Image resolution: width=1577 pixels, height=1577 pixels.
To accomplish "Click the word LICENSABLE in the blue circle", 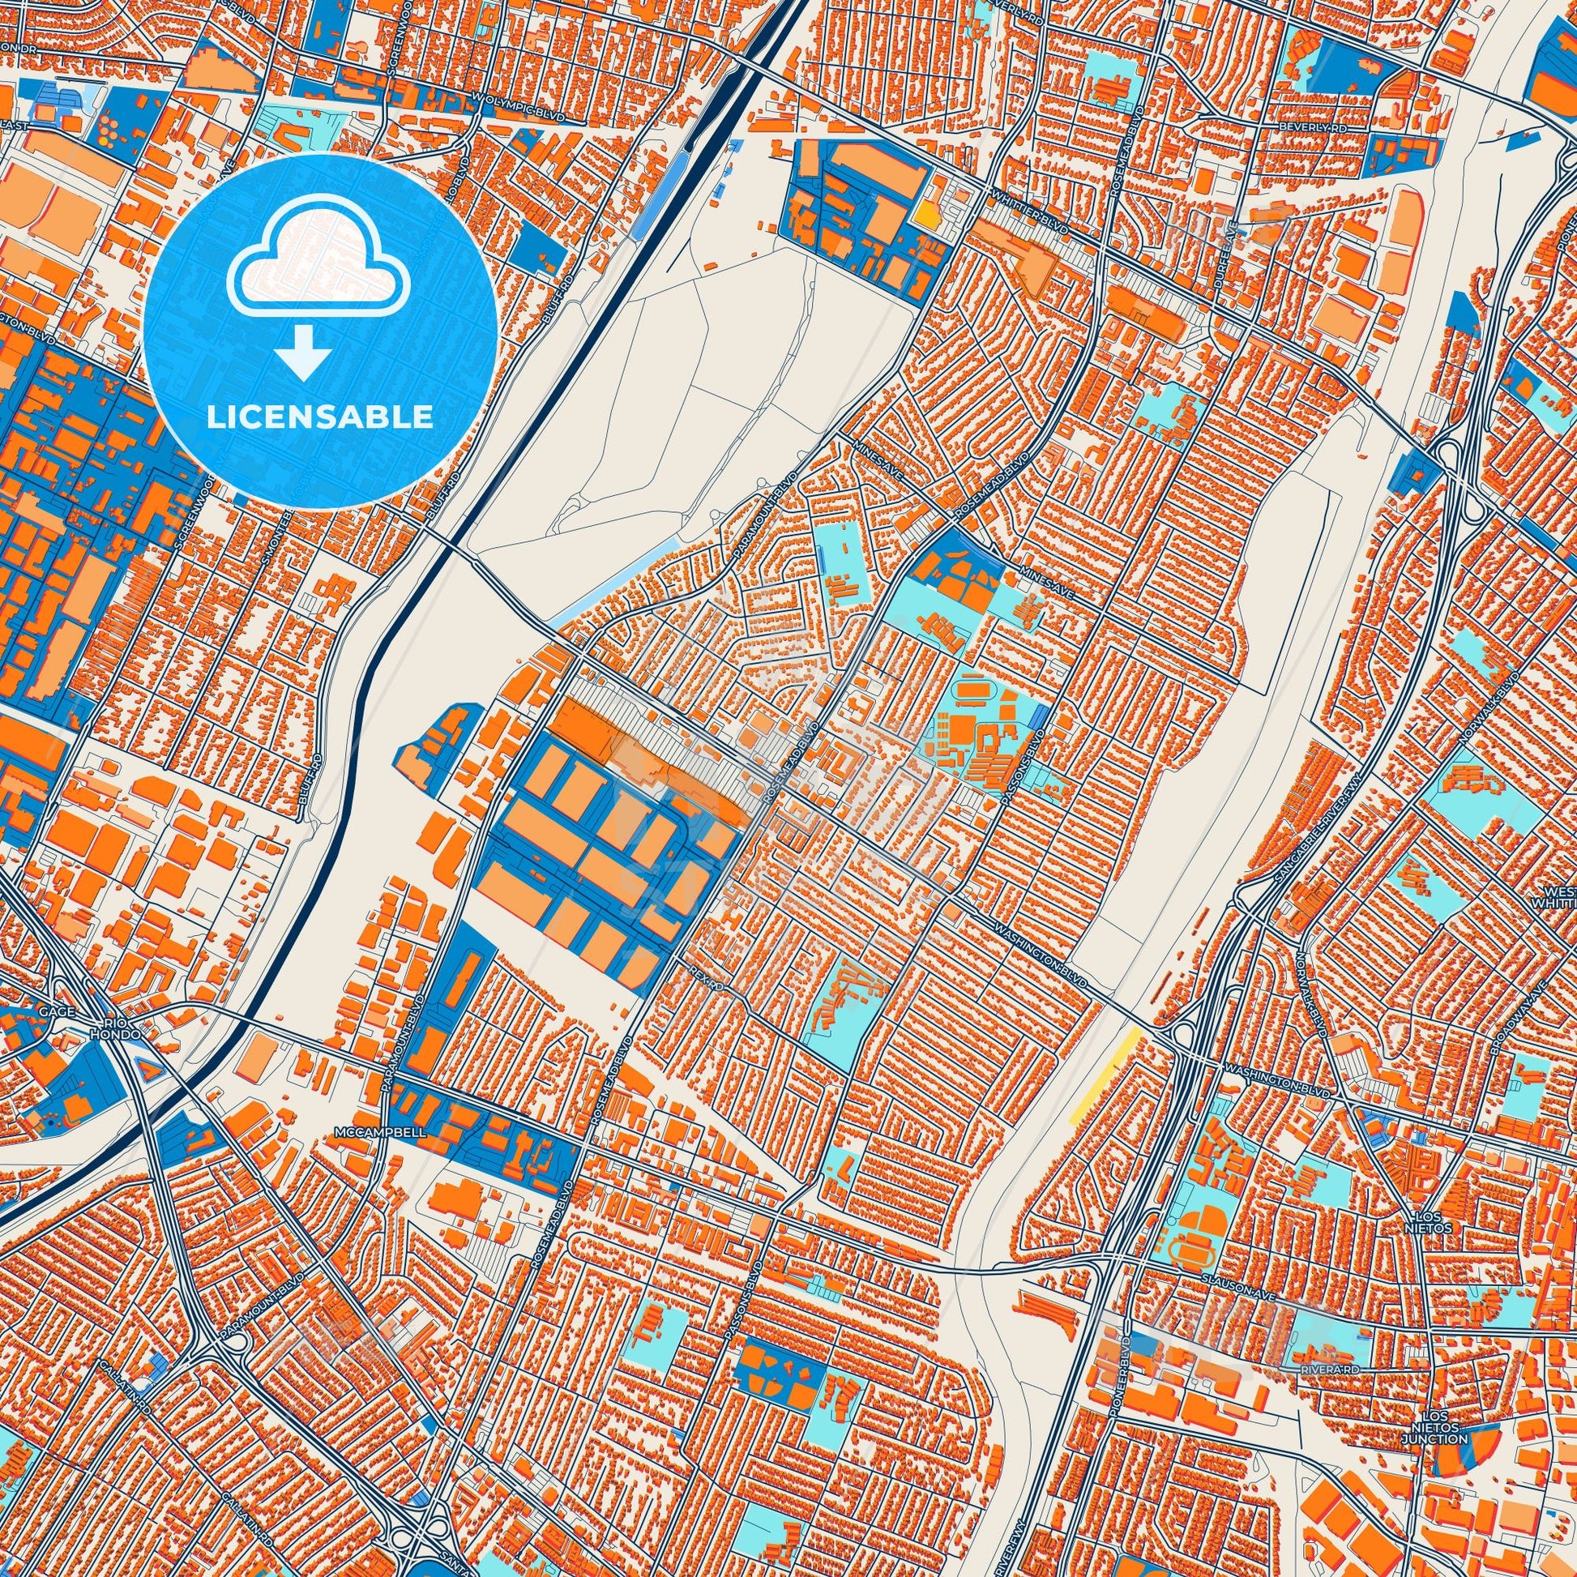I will pos(319,417).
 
